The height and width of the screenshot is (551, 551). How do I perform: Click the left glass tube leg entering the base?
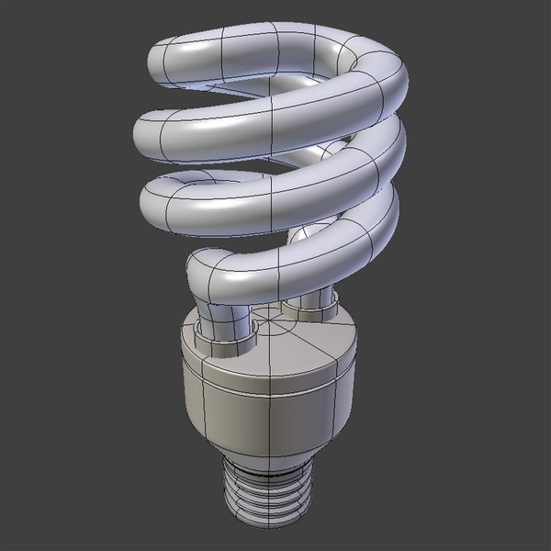tap(220, 317)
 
